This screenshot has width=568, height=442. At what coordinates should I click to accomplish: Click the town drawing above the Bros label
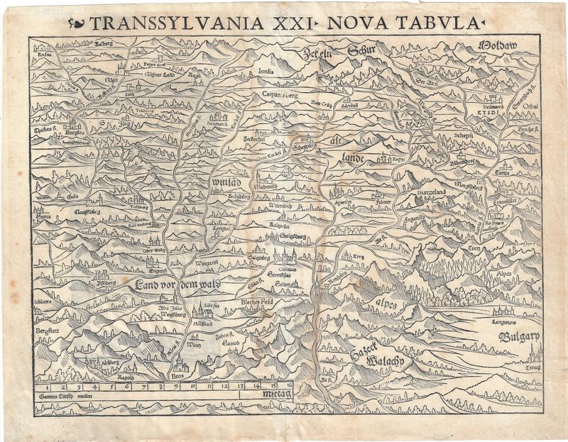(180, 366)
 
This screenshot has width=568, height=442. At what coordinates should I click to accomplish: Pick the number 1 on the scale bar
(46, 387)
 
